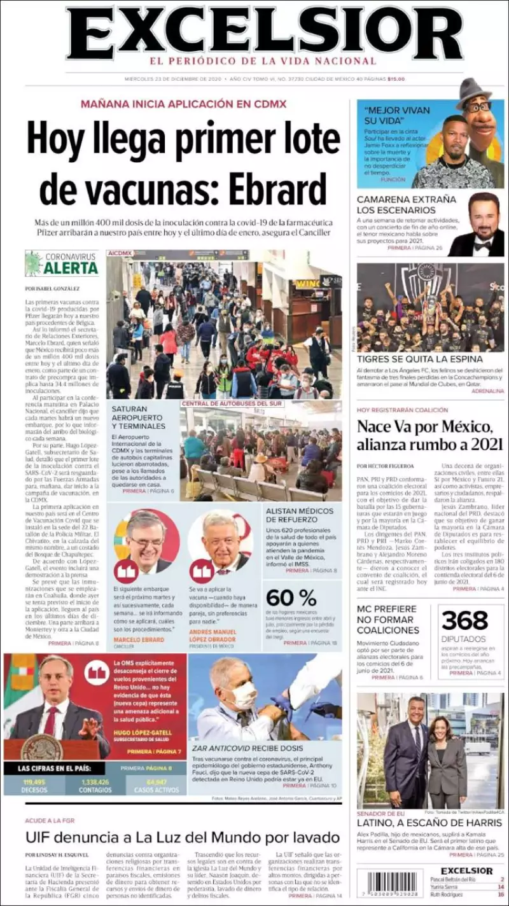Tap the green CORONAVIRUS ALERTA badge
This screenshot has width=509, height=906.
(x=62, y=263)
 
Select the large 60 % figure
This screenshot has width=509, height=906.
(x=291, y=598)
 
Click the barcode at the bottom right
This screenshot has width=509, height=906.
(x=380, y=884)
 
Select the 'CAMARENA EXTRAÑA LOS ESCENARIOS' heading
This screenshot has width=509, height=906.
(x=406, y=204)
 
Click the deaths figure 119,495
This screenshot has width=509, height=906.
(x=35, y=783)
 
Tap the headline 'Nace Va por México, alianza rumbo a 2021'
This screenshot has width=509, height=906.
(x=429, y=435)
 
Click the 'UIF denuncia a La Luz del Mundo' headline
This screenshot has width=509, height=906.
(x=182, y=836)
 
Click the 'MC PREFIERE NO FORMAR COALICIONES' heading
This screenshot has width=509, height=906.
(x=387, y=619)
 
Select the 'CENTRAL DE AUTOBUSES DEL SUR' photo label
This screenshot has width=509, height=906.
(x=233, y=403)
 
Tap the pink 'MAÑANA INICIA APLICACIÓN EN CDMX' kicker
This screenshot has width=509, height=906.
(x=183, y=104)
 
